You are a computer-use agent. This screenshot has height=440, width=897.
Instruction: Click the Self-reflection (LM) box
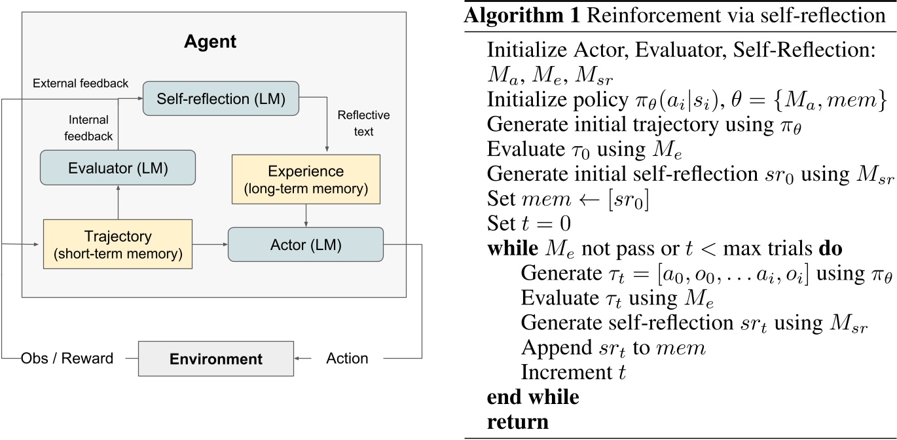(x=220, y=99)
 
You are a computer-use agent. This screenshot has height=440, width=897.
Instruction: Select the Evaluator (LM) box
(x=118, y=168)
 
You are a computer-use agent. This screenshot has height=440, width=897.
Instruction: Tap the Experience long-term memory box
(x=306, y=178)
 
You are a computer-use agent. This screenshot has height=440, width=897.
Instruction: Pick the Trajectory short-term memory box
(x=117, y=244)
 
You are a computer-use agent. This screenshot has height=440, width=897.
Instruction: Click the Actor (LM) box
(x=305, y=244)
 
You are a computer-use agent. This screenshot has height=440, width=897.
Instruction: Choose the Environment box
(x=215, y=358)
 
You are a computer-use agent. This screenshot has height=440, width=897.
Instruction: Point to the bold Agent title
(x=210, y=43)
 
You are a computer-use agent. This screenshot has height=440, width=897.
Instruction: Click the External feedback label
(x=80, y=83)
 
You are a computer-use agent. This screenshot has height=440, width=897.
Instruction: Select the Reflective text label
(x=363, y=123)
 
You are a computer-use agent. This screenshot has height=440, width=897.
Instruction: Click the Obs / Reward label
(x=67, y=358)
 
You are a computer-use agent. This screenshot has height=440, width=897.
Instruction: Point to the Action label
(x=347, y=358)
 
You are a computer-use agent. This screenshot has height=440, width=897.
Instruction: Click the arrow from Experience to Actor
(x=306, y=215)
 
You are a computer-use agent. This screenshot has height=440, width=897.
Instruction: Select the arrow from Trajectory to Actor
(x=210, y=244)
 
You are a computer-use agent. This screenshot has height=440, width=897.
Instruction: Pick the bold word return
(x=517, y=421)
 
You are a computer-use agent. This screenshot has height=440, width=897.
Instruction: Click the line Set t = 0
(x=529, y=224)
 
